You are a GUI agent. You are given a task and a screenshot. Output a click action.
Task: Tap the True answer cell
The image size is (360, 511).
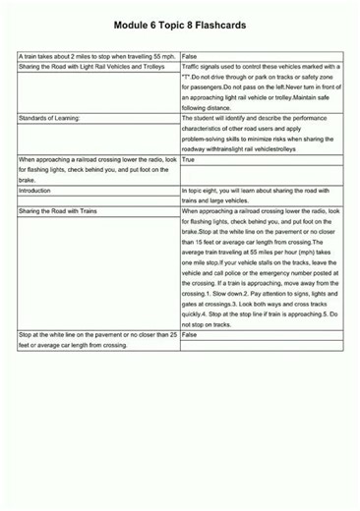[189, 158]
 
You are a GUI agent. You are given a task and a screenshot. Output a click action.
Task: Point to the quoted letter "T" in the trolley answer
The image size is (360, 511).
[190, 78]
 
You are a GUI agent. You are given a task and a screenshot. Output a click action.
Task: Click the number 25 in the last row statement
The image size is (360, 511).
[172, 335]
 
